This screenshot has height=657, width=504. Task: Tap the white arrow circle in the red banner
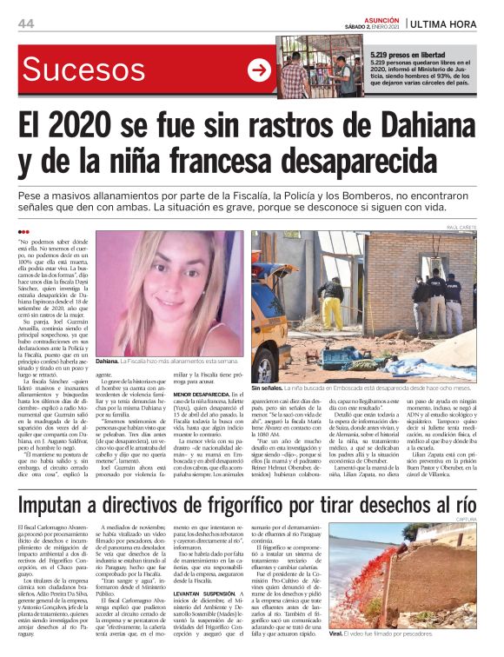259,70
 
